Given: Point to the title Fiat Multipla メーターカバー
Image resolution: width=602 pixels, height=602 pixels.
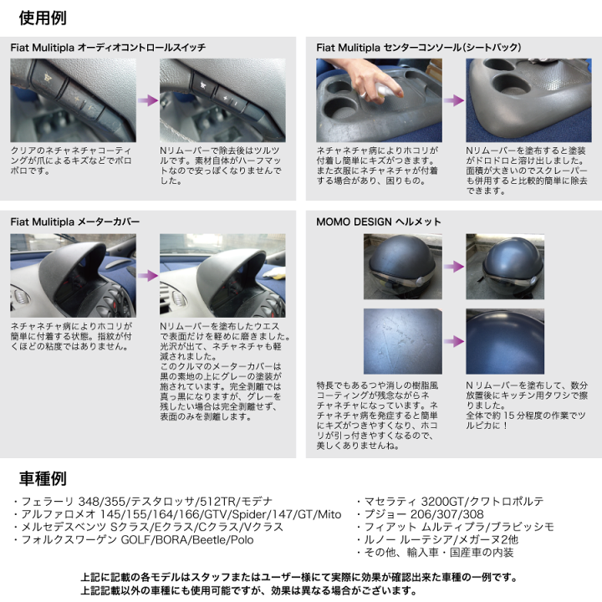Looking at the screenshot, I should (x=74, y=222).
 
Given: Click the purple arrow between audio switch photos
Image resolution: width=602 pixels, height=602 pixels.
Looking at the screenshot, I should (x=148, y=99).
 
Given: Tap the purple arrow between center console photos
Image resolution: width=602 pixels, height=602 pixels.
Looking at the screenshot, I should (x=455, y=99).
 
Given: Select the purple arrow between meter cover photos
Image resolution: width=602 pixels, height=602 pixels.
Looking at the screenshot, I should (x=148, y=275).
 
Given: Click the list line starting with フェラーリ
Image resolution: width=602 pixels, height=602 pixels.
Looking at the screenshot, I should (x=153, y=502).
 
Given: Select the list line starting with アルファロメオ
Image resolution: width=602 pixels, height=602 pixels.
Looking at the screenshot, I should (x=177, y=514).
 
